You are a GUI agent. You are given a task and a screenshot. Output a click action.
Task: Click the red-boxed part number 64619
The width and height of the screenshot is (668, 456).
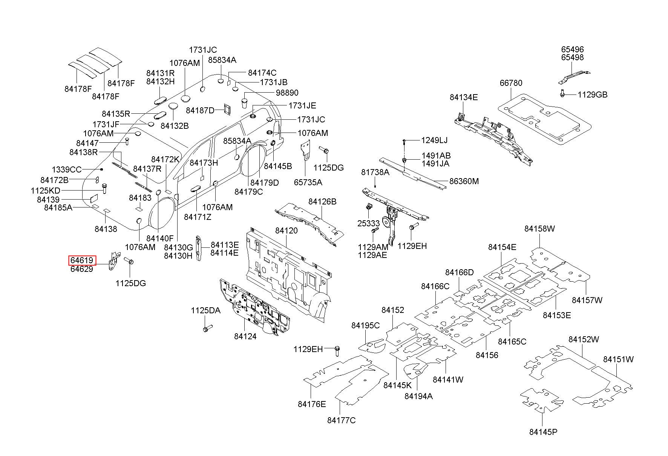click(82, 260)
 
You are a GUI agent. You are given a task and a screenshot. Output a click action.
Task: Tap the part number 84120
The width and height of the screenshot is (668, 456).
click(286, 231)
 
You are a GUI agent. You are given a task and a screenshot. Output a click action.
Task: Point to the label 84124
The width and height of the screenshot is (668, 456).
click(245, 336)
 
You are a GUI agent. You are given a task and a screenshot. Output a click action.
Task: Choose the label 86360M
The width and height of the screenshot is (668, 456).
click(464, 181)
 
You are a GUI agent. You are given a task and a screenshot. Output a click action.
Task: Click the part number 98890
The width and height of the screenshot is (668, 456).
click(287, 93)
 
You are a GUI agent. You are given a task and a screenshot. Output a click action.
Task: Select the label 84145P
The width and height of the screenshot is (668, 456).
click(543, 432)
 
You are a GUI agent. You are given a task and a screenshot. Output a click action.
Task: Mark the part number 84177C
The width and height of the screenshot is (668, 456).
click(342, 420)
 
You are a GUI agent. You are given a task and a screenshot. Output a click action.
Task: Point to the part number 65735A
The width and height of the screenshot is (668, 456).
click(308, 182)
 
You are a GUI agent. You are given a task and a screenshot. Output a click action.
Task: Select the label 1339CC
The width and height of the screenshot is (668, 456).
click(67, 170)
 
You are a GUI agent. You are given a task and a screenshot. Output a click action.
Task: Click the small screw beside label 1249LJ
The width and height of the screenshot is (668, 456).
click(404, 142)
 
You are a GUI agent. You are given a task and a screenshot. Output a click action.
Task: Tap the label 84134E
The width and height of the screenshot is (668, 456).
click(464, 98)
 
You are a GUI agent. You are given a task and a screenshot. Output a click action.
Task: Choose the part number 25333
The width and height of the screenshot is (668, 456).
click(369, 223)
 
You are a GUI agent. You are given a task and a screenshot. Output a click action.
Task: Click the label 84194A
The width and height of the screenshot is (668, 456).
click(418, 396)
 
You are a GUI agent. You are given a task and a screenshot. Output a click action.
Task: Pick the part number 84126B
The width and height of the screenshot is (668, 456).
click(322, 202)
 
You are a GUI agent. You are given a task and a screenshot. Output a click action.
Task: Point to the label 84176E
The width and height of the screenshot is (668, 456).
click(312, 404)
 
